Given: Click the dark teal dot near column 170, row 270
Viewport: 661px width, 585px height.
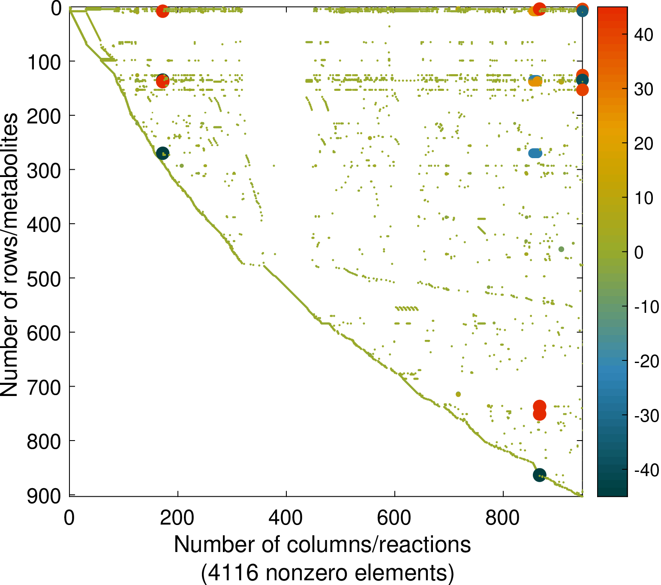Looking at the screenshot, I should (162, 153).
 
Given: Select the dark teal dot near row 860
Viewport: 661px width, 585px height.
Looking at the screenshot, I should (539, 475).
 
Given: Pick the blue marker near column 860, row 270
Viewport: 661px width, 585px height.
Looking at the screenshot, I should (535, 153).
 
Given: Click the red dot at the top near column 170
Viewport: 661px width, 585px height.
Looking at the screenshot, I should (162, 11).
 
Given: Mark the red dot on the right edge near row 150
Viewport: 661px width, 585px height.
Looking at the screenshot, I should (582, 90).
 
